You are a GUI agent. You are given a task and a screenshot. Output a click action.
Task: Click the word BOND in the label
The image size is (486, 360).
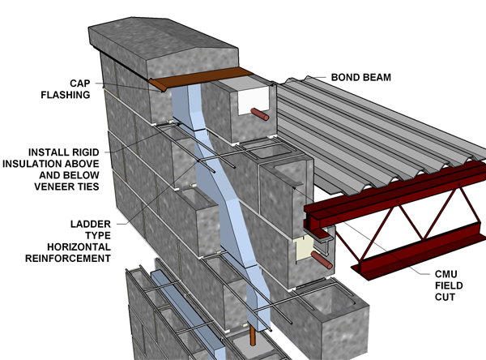344,78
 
